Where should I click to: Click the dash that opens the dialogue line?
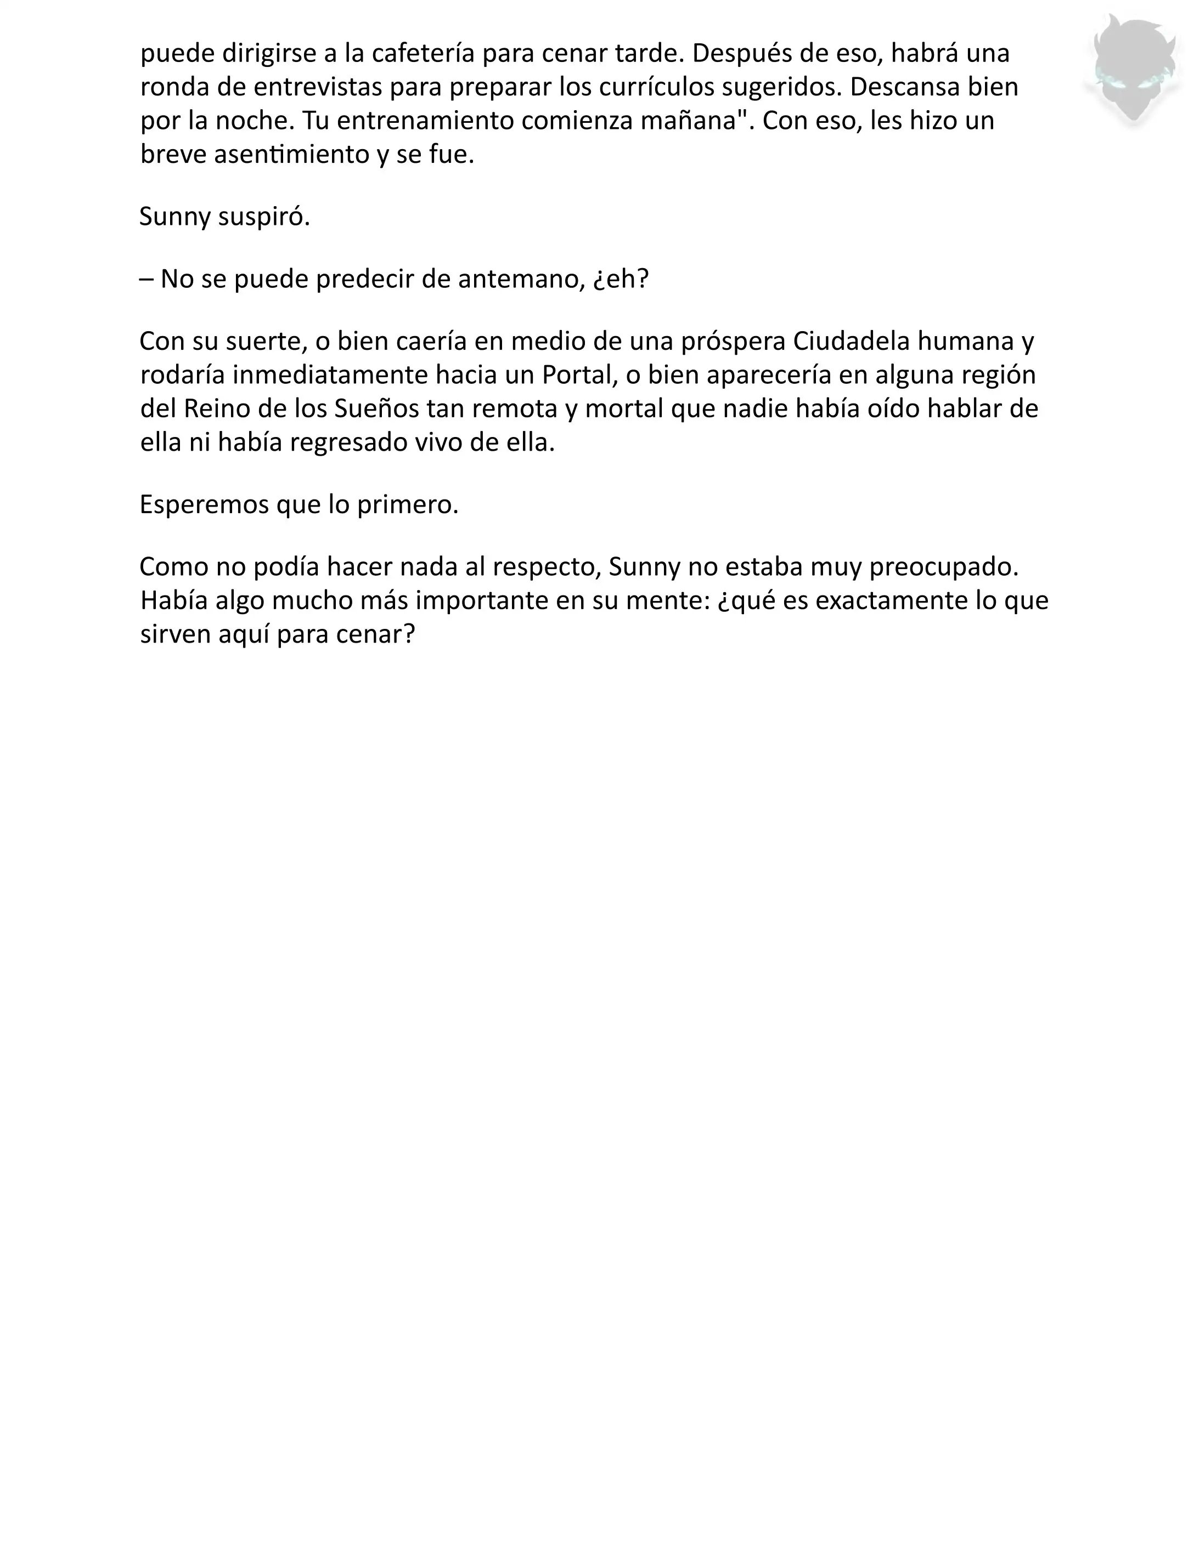pos(147,279)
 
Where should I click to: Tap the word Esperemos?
pos(204,505)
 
